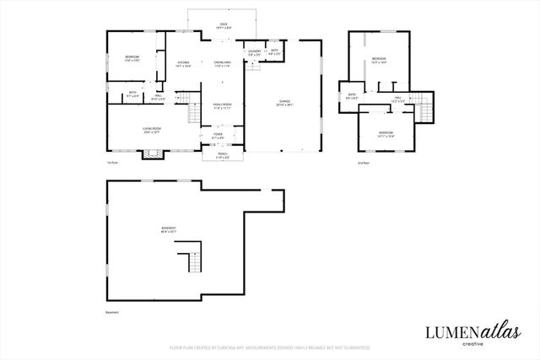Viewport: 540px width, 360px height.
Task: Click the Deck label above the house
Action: point(224,26)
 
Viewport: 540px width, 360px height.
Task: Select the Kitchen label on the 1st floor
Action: point(183,64)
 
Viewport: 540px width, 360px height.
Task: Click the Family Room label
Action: point(222,106)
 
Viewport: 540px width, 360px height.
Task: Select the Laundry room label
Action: point(254,52)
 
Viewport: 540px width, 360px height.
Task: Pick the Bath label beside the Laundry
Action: point(275,52)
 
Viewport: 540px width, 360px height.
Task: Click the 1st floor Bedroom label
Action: point(132,58)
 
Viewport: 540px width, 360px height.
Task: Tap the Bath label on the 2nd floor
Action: point(352,97)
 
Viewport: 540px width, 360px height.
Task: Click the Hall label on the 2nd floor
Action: point(399,99)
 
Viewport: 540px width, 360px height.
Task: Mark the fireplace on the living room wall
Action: point(153,153)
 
